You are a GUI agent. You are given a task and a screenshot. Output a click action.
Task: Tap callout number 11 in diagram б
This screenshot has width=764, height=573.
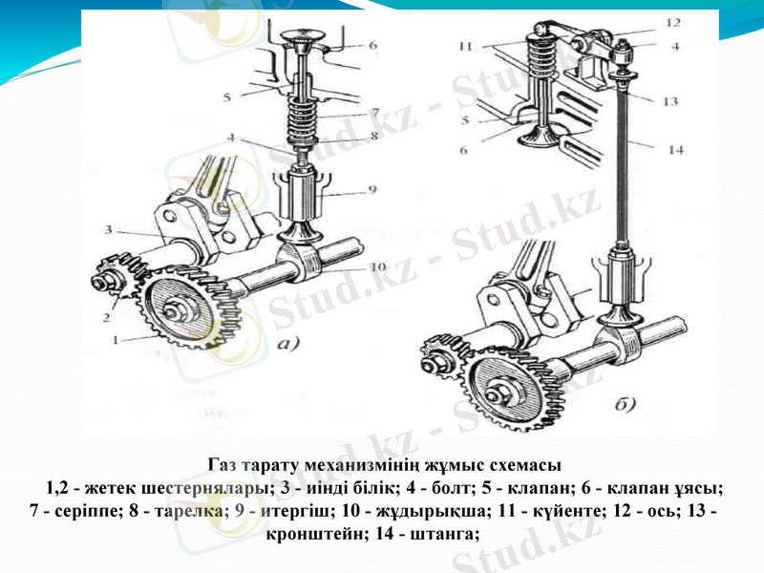click(465, 45)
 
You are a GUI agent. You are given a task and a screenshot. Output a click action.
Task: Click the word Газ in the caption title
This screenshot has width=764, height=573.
click(223, 465)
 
